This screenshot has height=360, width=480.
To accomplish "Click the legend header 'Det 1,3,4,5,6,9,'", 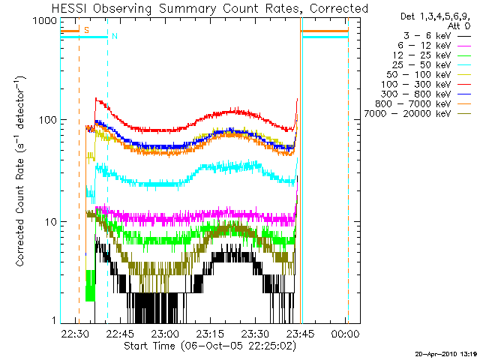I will (431, 16).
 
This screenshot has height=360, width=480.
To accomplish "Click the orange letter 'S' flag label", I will (86, 30).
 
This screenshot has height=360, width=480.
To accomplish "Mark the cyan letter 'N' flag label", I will (114, 36).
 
